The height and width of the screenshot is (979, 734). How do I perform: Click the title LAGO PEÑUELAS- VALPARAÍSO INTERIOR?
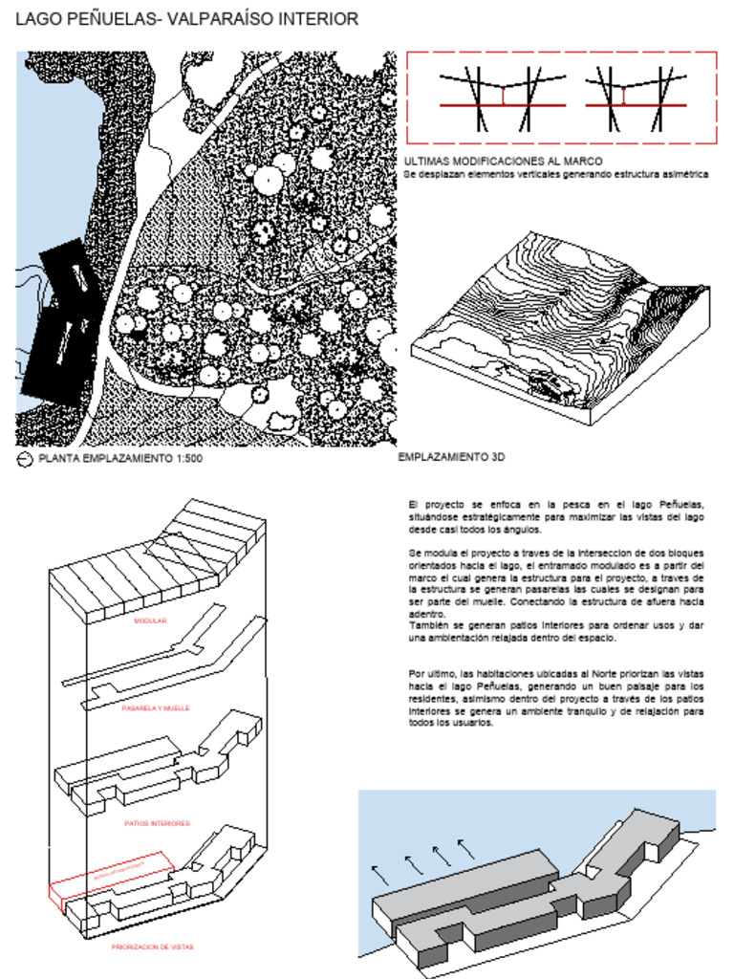[187, 19]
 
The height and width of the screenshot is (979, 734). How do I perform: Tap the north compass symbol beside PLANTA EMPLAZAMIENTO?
[25, 459]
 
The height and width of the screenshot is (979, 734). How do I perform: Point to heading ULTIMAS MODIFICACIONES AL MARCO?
[503, 162]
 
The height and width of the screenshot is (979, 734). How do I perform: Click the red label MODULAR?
[150, 621]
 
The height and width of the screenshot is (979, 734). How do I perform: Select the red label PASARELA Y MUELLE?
[156, 708]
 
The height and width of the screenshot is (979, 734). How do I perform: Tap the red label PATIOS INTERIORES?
[157, 822]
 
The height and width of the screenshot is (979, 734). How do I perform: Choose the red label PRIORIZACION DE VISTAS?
[153, 946]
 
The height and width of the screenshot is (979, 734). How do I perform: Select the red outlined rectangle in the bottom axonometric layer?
[110, 877]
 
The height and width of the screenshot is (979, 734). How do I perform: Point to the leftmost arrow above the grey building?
[380, 873]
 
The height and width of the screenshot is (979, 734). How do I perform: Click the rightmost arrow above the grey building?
[465, 847]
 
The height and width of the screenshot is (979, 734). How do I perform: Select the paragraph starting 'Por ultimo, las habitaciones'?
[555, 698]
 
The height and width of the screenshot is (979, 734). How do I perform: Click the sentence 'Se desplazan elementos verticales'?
[555, 175]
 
